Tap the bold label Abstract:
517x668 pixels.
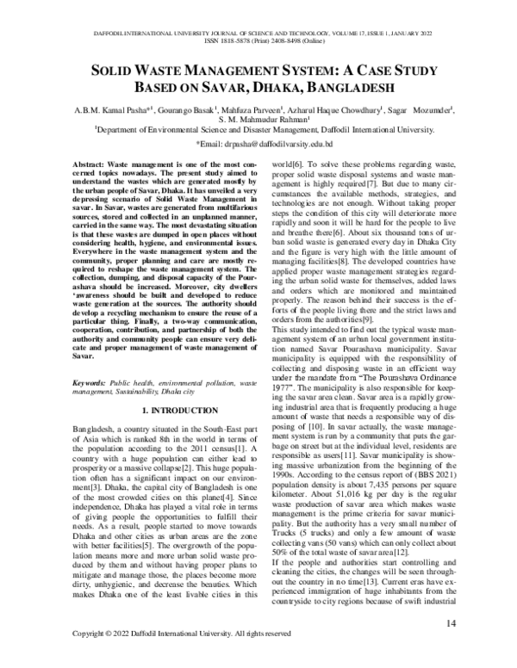tap(114, 164)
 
